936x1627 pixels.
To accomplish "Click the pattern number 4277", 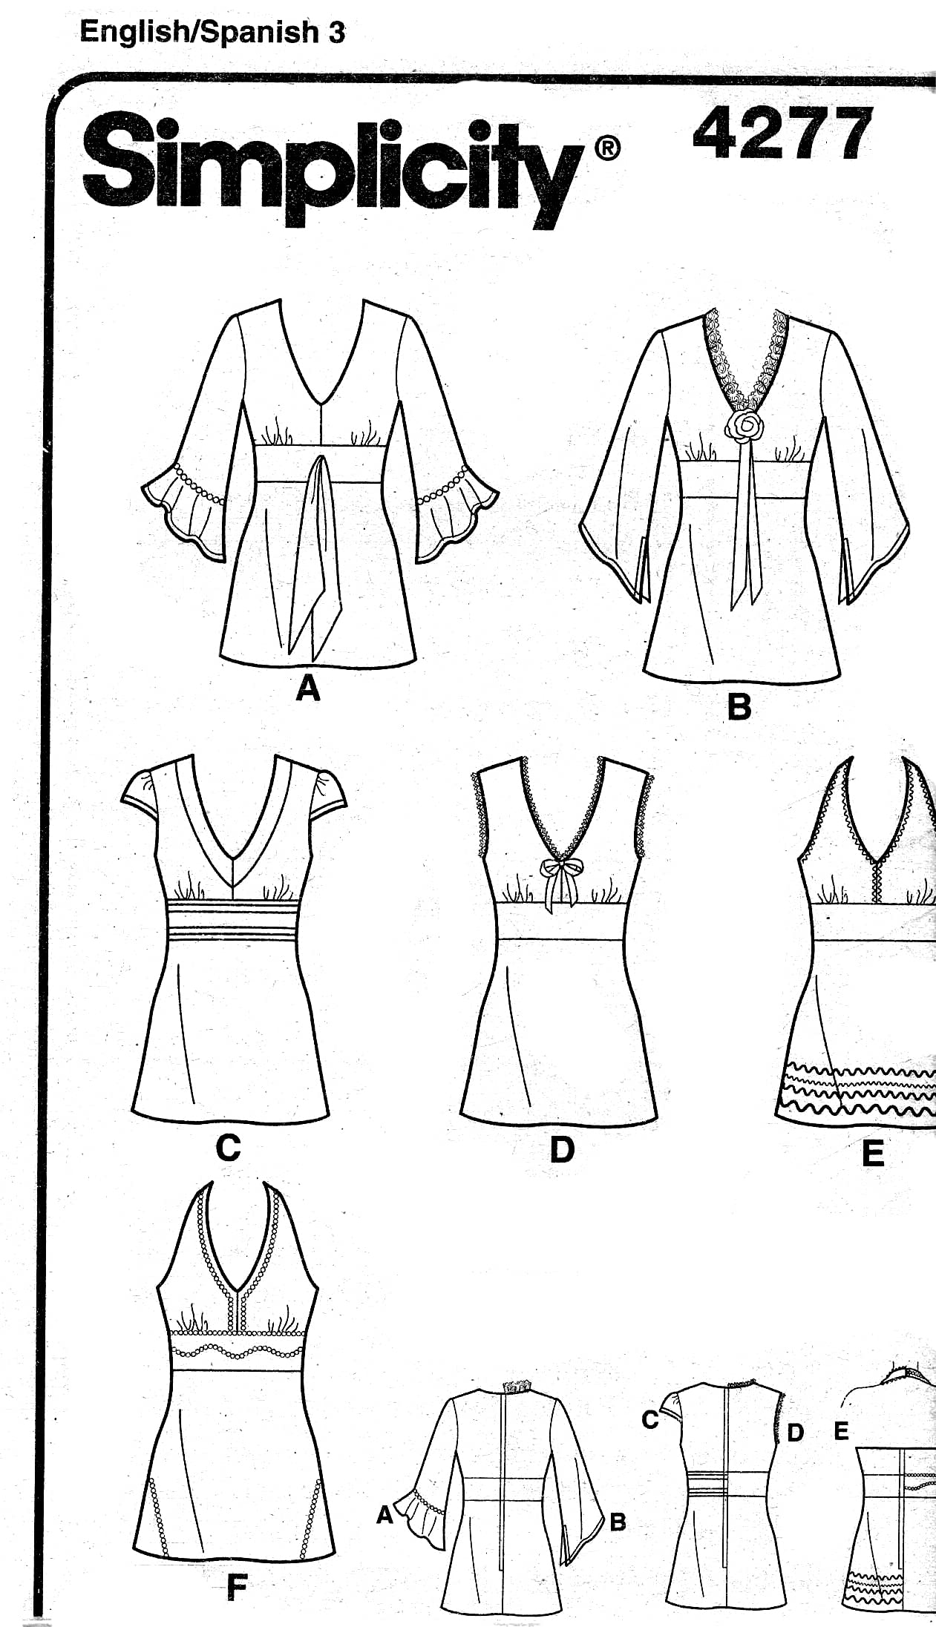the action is [782, 134].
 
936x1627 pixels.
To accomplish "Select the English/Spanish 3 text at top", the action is [212, 32].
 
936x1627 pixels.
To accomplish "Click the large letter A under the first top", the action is [308, 688].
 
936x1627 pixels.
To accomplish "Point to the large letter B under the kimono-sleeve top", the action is [739, 706].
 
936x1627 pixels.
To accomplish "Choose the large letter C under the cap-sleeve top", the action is [228, 1148].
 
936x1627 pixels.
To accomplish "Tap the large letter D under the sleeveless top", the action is [562, 1149].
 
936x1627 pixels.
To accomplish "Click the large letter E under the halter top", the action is [873, 1154].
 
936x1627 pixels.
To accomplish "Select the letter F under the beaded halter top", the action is [236, 1588].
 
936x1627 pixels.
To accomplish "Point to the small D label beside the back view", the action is [795, 1433].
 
